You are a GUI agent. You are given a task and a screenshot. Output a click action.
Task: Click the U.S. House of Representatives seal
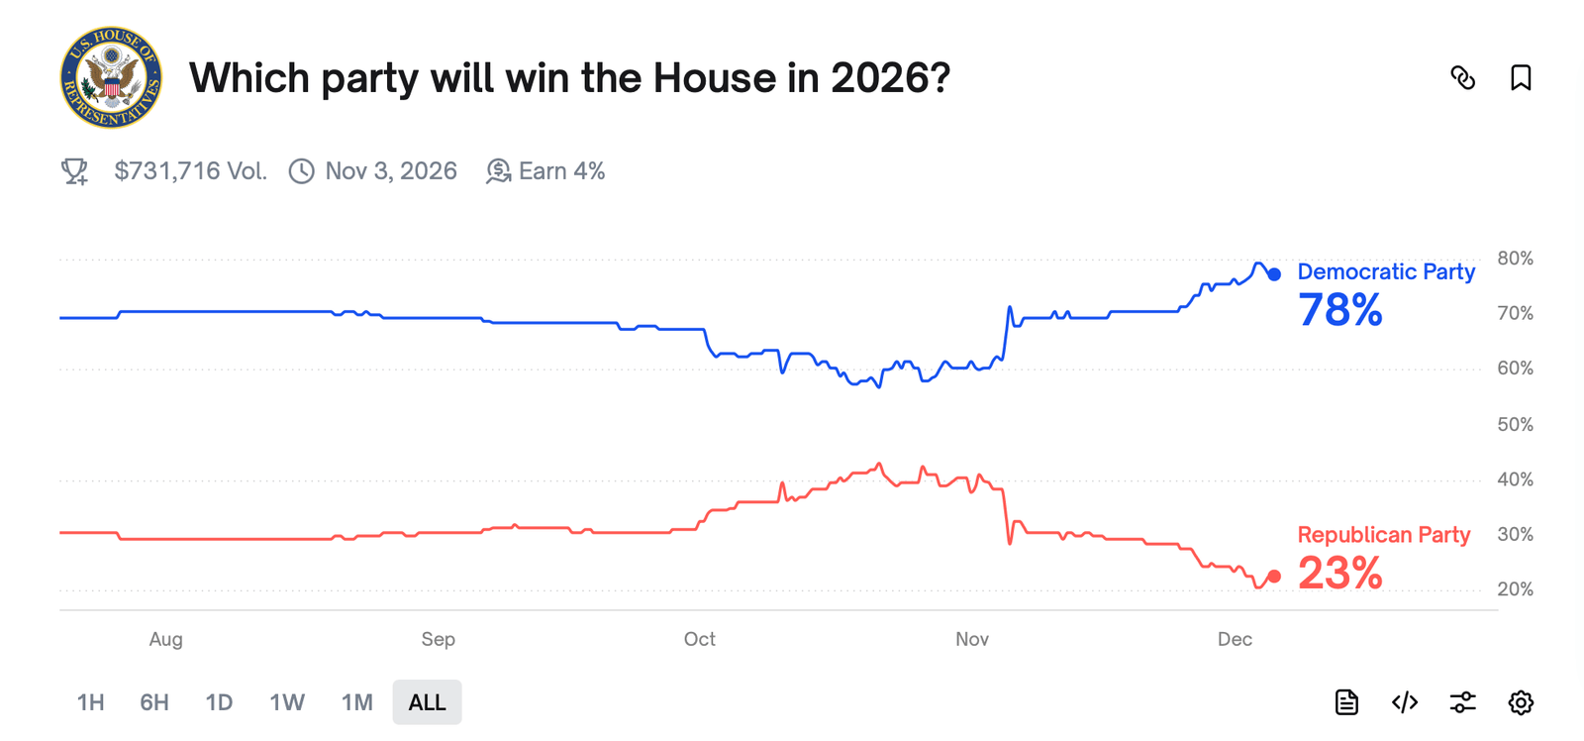111,77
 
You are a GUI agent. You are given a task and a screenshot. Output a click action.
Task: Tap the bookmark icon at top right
1521,77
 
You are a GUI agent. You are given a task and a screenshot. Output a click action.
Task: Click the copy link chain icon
1462,77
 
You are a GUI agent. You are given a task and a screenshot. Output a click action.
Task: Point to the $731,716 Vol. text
190,171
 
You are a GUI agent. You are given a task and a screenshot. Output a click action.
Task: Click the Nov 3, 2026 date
390,171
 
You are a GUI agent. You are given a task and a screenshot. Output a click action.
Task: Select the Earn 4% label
560,171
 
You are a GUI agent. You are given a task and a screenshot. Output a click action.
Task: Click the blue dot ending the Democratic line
1274,274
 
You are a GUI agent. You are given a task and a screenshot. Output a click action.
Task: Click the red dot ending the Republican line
1274,576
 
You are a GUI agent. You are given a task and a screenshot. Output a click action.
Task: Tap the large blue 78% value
1339,310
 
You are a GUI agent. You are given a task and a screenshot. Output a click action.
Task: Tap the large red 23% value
1339,574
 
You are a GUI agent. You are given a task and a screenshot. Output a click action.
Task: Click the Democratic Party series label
1385,271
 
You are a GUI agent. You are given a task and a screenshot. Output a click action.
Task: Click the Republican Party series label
1383,535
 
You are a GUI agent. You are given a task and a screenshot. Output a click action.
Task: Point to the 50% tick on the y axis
1515,424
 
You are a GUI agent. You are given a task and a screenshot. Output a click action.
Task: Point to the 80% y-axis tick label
1515,259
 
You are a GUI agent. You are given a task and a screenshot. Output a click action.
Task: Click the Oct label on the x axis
699,639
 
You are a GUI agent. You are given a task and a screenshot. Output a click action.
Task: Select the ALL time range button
427,702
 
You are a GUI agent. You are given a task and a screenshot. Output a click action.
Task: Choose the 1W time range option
287,702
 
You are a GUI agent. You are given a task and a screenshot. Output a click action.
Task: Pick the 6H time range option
154,702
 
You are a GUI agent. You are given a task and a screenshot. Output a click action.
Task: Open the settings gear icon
1521,702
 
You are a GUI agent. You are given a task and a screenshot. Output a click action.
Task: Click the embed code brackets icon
1404,702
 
